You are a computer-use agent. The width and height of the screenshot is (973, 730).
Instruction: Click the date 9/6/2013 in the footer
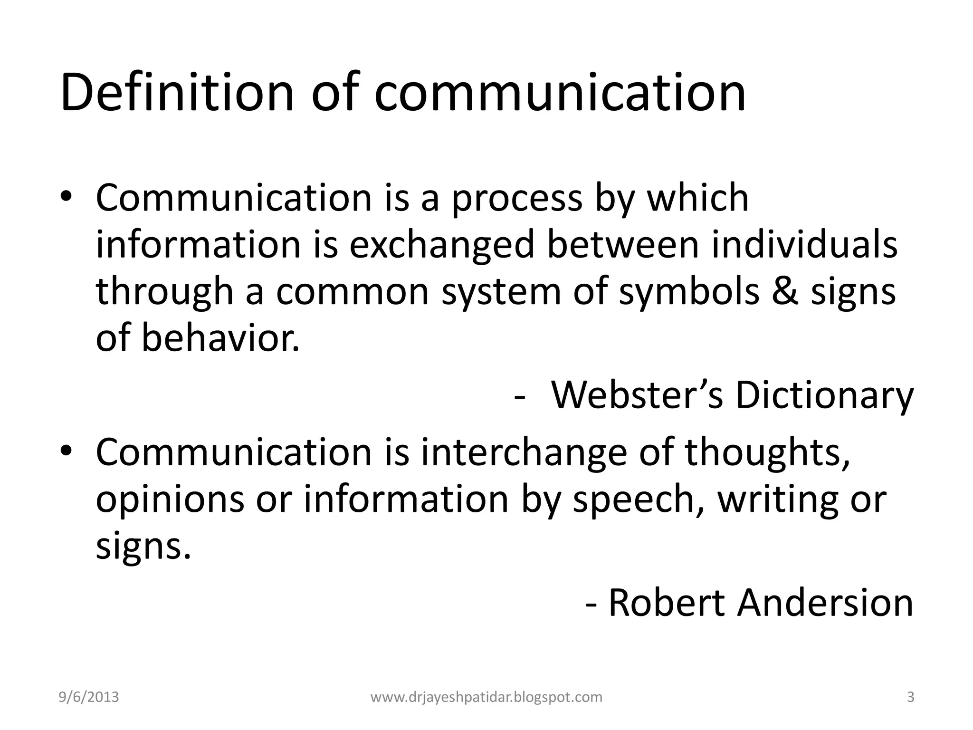pyautogui.click(x=89, y=697)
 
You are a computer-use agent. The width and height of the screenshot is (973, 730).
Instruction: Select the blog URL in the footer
pyautogui.click(x=486, y=697)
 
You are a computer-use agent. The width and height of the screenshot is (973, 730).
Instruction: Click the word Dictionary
pyautogui.click(x=824, y=395)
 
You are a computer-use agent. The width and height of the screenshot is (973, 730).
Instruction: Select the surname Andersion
pyautogui.click(x=826, y=603)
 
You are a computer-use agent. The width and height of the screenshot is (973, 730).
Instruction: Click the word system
pyautogui.click(x=502, y=292)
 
